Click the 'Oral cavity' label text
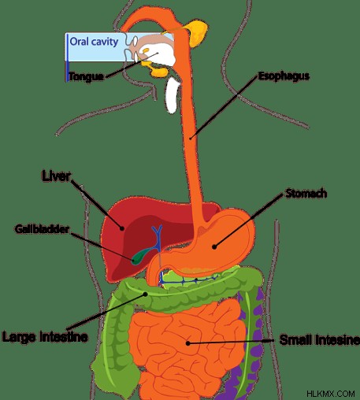click(x=94, y=42)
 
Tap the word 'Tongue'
click(x=86, y=76)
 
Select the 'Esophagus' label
click(x=284, y=76)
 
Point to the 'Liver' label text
click(x=56, y=176)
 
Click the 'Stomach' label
click(x=306, y=194)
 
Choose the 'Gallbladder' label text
click(x=42, y=229)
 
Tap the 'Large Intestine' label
click(x=45, y=336)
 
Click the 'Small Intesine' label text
click(x=319, y=340)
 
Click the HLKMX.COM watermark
click(x=331, y=394)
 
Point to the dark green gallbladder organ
click(x=141, y=256)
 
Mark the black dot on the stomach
click(x=214, y=246)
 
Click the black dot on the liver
click(x=122, y=228)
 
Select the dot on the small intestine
click(x=187, y=343)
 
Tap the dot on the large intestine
click(x=145, y=294)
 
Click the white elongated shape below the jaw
click(x=173, y=95)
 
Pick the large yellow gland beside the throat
click(x=197, y=34)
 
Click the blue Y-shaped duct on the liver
click(x=158, y=239)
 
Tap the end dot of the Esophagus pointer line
click(x=191, y=137)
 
